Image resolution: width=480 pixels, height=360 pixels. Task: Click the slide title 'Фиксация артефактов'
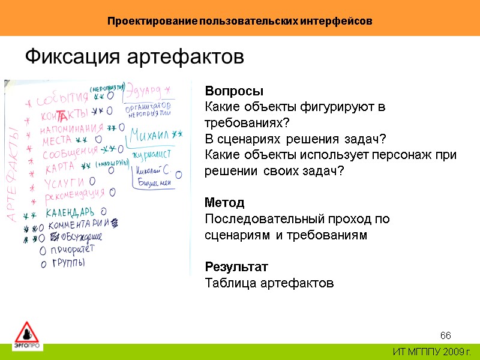pos(134,57)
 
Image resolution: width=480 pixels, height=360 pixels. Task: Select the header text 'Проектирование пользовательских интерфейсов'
pos(240,21)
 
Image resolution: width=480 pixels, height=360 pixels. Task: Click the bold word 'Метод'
pos(224,202)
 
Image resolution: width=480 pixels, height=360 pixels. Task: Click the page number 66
pos(445,335)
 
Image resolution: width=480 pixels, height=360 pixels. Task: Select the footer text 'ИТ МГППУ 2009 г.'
pos(431,352)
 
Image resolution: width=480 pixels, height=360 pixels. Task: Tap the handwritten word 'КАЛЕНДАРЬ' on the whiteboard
pos(70,213)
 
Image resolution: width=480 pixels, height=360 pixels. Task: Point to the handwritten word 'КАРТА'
pos(59,167)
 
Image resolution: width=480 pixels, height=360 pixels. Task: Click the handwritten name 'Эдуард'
pos(146,92)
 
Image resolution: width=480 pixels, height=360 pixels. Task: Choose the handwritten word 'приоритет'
pos(71,250)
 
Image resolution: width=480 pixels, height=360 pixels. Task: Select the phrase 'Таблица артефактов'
pos(269,283)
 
